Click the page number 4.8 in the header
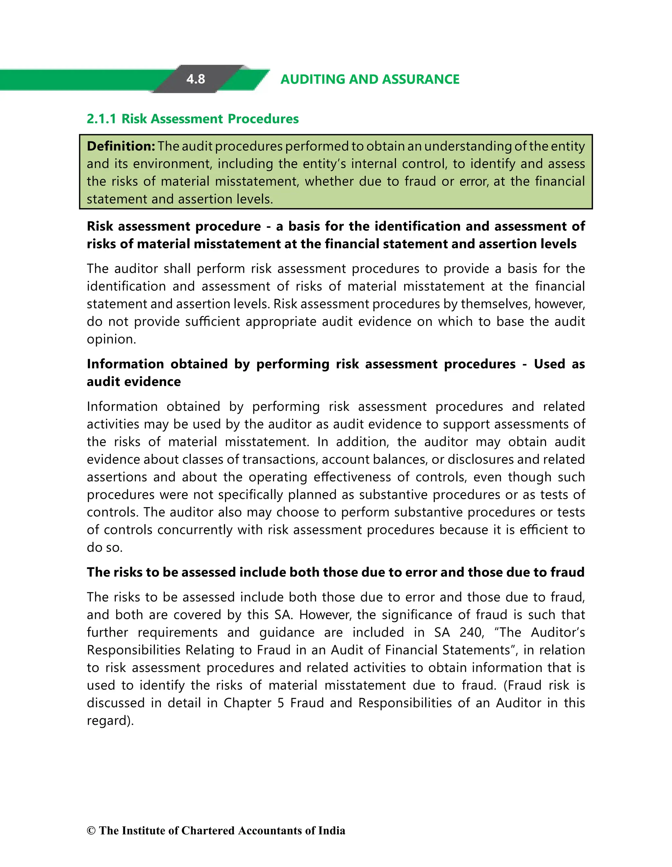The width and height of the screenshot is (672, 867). click(x=196, y=79)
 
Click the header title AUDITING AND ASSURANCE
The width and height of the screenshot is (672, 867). click(x=369, y=79)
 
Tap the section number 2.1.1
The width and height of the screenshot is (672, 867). click(x=101, y=119)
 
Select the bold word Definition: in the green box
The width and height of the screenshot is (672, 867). click(x=121, y=146)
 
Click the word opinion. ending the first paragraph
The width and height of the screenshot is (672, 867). click(x=111, y=339)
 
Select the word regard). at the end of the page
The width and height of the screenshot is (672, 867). click(x=110, y=721)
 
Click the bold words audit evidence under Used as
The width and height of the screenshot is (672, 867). click(x=134, y=382)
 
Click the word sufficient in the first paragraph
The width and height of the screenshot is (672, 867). click(x=212, y=322)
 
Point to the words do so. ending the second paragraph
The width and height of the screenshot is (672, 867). click(x=104, y=547)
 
